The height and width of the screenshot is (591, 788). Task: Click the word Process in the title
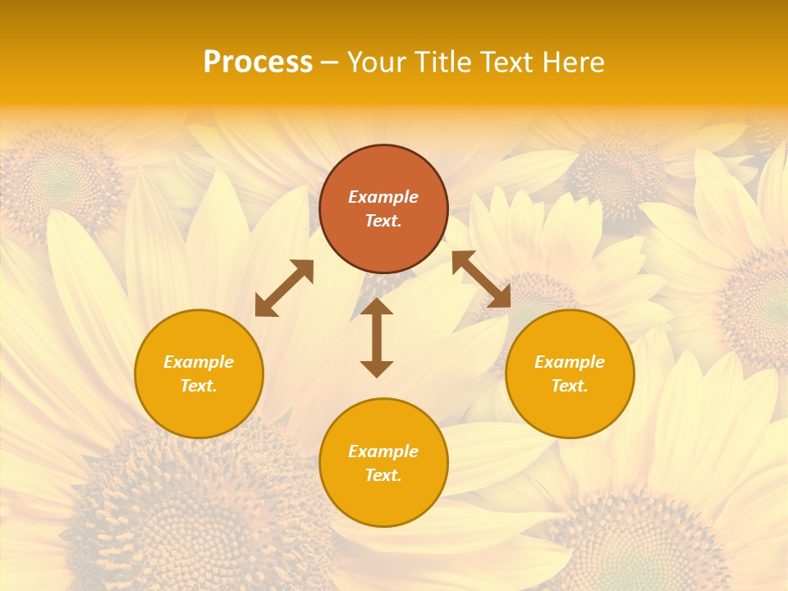tap(258, 62)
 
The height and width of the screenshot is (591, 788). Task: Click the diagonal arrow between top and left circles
tap(284, 288)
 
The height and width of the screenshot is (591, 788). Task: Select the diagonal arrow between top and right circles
tap(481, 279)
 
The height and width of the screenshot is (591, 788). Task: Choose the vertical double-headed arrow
tap(377, 337)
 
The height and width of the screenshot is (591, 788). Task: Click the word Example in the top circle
tap(383, 197)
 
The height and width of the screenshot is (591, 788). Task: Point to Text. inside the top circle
tap(383, 221)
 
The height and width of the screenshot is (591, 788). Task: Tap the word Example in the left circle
tap(199, 362)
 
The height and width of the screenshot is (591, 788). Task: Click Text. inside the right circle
tap(570, 386)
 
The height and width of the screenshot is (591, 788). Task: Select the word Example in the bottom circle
tap(383, 451)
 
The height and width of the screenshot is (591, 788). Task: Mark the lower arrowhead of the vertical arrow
tap(377, 369)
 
